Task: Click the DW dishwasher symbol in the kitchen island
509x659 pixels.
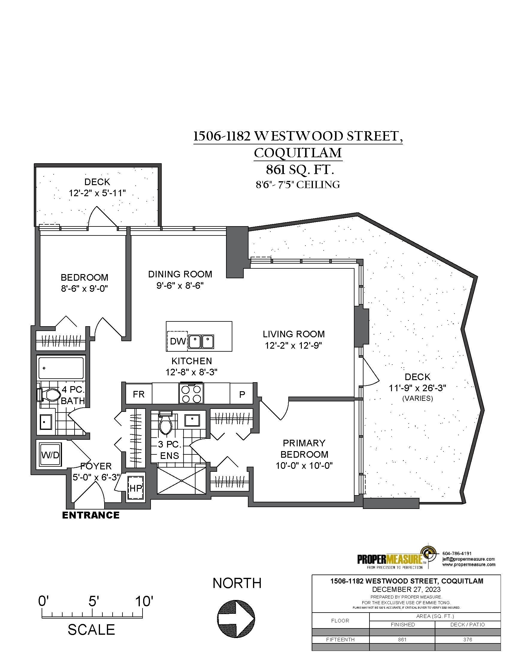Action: (178, 341)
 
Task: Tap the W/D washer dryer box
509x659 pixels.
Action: (51, 455)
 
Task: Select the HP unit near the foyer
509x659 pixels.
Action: (135, 488)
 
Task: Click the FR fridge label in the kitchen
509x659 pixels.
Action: (139, 394)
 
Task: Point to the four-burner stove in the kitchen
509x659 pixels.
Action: (192, 394)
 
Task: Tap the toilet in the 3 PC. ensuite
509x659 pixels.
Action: (165, 423)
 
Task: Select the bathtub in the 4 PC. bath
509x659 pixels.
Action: (61, 368)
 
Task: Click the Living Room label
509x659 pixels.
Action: (294, 334)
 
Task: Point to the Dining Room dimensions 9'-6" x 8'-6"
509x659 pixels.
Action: (180, 285)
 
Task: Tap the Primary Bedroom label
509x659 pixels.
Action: (304, 448)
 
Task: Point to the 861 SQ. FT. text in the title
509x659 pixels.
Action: (300, 170)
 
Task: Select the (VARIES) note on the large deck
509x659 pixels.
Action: (418, 398)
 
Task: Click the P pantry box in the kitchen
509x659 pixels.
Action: (242, 394)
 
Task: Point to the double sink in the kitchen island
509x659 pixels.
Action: (202, 341)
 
